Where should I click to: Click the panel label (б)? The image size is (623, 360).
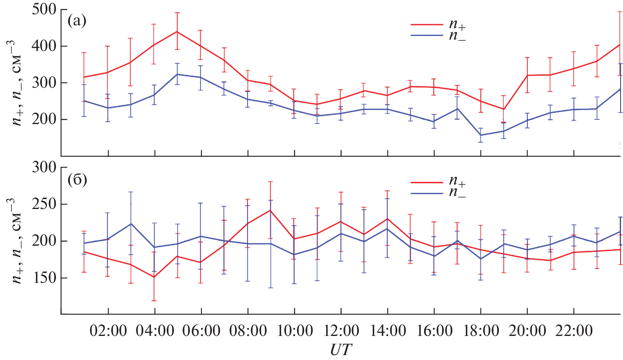77,180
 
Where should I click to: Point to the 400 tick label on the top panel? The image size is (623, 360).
44,46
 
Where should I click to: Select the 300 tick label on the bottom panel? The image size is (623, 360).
44,167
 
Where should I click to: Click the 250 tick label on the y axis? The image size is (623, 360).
44,204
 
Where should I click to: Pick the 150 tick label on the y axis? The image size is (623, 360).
44,278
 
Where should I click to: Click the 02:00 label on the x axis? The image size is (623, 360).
108,330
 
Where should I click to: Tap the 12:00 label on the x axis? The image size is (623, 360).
341,330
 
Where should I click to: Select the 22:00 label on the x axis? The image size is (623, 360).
574,330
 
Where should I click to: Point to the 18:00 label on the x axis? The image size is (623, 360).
481,330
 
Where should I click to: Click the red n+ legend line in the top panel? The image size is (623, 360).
427,25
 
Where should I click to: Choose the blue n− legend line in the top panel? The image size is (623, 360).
427,36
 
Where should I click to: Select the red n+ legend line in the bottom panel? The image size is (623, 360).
427,182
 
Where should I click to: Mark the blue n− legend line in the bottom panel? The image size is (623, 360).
427,193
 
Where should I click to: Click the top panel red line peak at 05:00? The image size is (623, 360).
177,31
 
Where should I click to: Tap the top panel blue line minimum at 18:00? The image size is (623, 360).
481,135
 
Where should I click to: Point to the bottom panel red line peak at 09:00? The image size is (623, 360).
270,210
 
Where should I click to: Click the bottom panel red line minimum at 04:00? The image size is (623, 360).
154,277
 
